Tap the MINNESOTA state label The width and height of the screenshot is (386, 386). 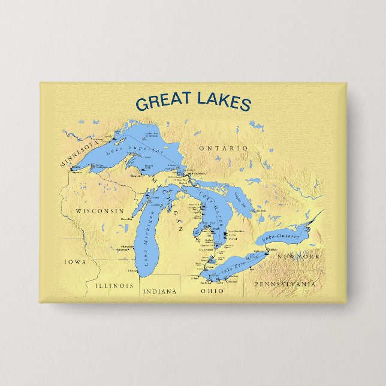pos(78,153)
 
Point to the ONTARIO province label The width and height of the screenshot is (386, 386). pos(223,148)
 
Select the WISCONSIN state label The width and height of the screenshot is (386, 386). pos(99,211)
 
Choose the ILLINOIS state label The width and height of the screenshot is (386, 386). pos(114,286)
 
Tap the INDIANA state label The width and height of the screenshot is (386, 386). pos(159,291)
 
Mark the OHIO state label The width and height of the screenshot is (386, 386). pos(212,291)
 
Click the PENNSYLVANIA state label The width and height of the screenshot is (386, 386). pos(284,283)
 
